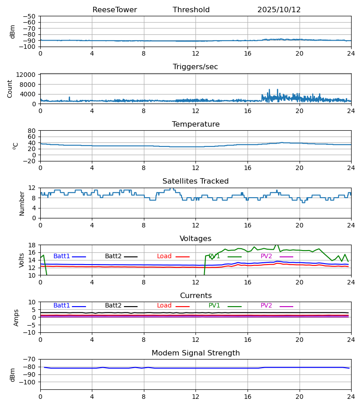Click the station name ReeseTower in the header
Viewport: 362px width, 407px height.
(114, 10)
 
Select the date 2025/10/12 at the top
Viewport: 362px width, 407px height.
(279, 10)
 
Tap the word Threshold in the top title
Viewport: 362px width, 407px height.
(191, 10)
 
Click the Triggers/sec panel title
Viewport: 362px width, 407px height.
(195, 67)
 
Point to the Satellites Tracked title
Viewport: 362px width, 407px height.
(195, 181)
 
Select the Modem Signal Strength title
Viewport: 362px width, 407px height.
(195, 353)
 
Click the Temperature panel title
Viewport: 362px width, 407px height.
(195, 124)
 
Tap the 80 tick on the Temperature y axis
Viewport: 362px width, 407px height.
(31, 131)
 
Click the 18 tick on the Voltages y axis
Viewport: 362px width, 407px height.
(31, 245)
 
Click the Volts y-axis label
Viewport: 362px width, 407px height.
(22, 260)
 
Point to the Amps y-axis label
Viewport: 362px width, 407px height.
(17, 317)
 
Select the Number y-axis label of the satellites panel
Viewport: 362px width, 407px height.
(22, 203)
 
